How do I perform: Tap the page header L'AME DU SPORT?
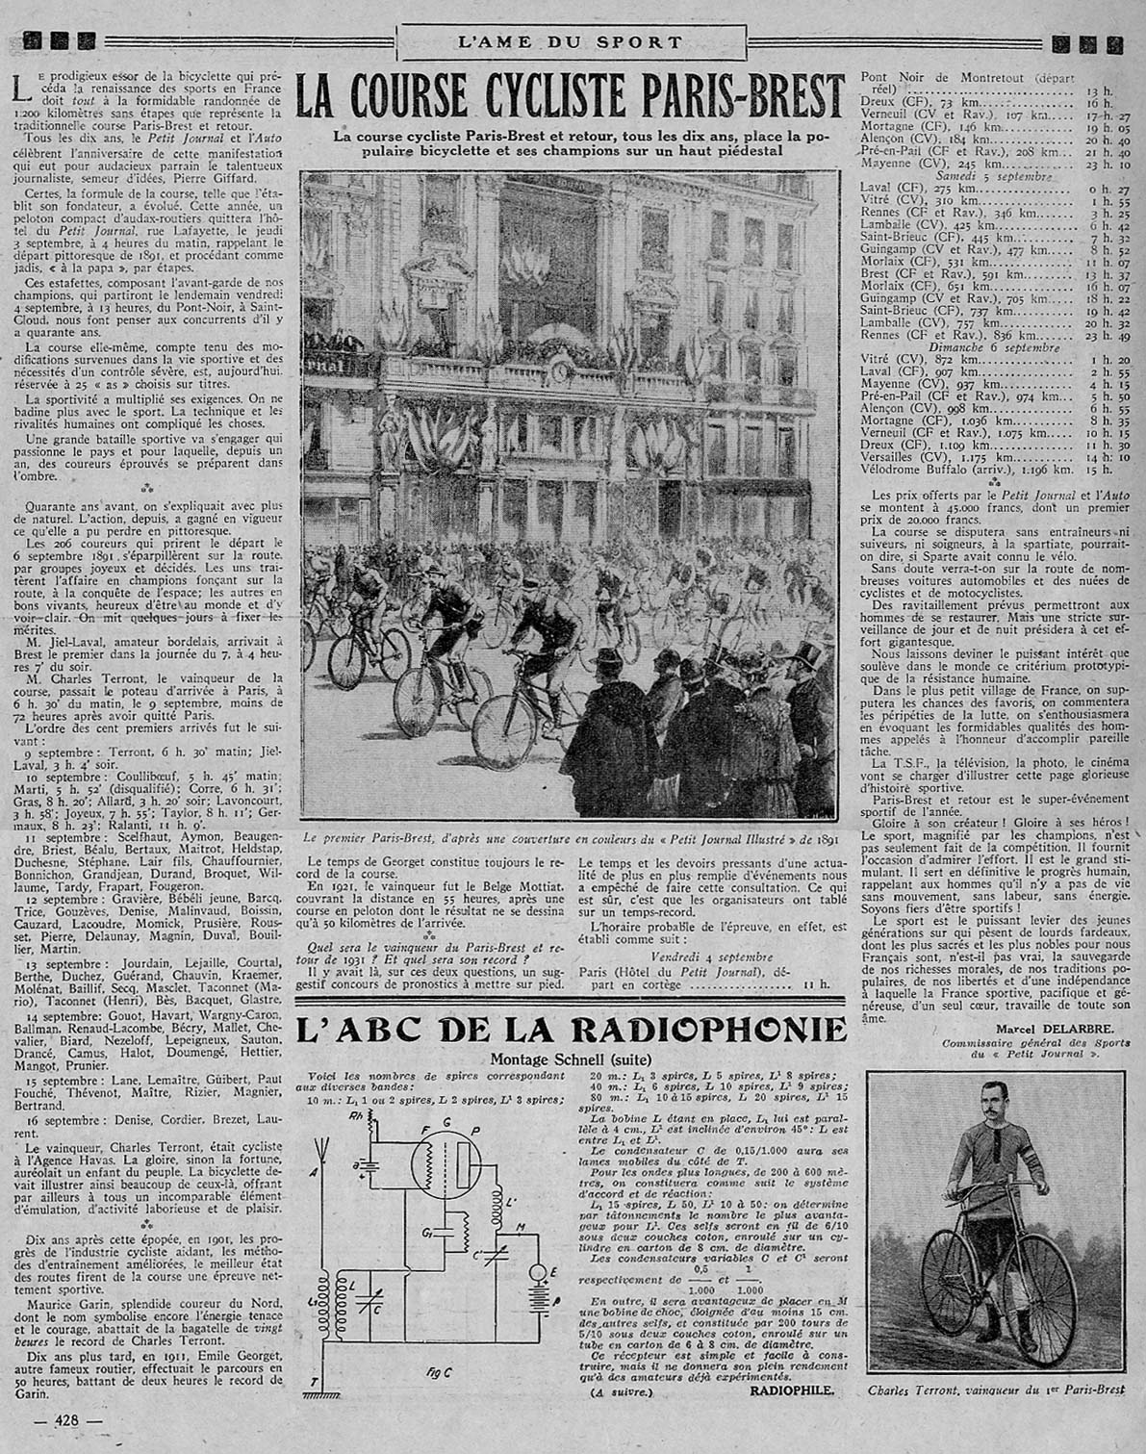[x=571, y=42]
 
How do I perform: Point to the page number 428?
[x=66, y=1420]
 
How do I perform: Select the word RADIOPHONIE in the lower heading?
[x=708, y=1030]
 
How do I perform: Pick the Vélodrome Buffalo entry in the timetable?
[x=967, y=470]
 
